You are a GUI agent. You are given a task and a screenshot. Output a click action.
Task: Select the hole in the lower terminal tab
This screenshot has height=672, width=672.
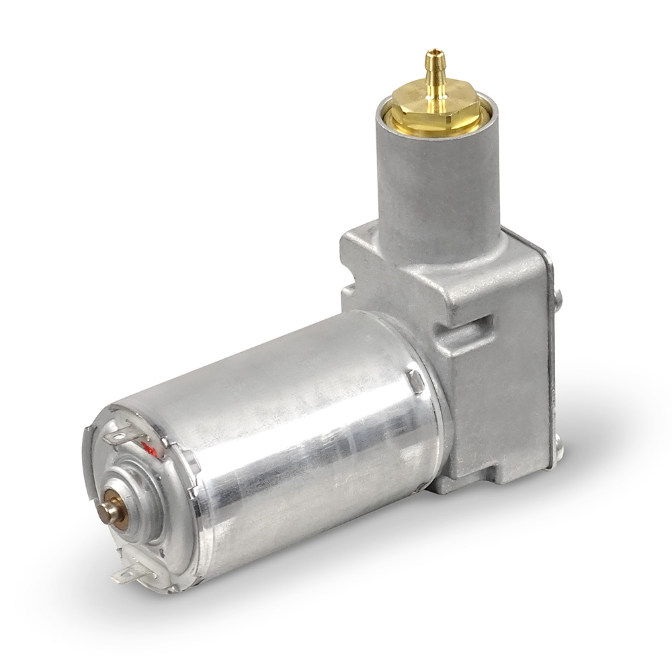coord(121,575)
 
